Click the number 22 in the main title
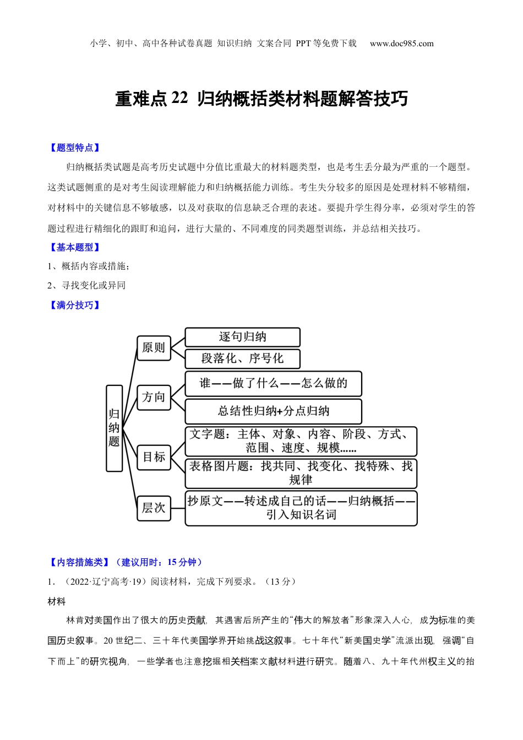pos(179,99)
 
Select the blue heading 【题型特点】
pos(74,148)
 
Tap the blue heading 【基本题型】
pos(74,248)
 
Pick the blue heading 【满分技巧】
pos(74,305)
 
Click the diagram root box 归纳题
pos(114,428)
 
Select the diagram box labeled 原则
pos(154,348)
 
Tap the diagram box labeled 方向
pos(154,398)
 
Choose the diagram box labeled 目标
pos(154,457)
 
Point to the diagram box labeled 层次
pos(154,508)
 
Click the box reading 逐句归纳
pos(242,337)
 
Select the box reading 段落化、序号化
pos(242,358)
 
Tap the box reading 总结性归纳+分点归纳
pos(273,411)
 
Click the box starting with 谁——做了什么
pos(273,384)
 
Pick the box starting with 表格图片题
pos(301,473)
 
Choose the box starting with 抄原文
pos(301,508)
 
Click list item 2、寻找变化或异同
pos(86,285)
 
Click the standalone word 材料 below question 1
pos(57,602)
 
